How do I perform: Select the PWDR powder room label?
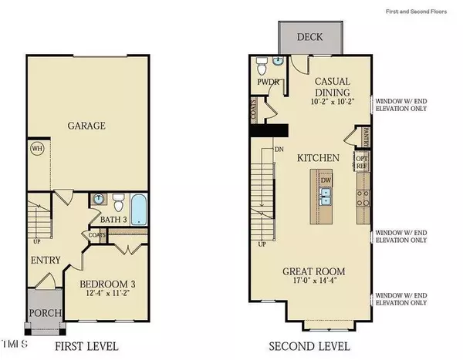click(x=266, y=82)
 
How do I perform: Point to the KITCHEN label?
click(x=319, y=158)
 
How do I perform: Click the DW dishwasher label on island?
click(x=326, y=180)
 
